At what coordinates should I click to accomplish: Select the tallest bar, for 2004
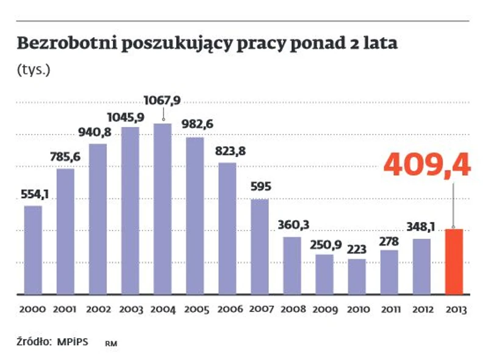(162, 209)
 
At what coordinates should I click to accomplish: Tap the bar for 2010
(357, 276)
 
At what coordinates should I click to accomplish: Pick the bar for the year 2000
(33, 250)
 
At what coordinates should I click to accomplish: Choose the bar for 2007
(260, 247)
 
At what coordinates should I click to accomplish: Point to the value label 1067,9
(162, 99)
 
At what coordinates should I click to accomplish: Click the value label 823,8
(228, 151)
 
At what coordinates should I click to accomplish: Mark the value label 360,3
(292, 225)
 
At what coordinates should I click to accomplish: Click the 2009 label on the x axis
(324, 309)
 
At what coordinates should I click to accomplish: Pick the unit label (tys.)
(34, 70)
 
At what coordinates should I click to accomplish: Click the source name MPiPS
(73, 342)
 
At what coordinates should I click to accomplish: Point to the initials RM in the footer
(111, 344)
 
